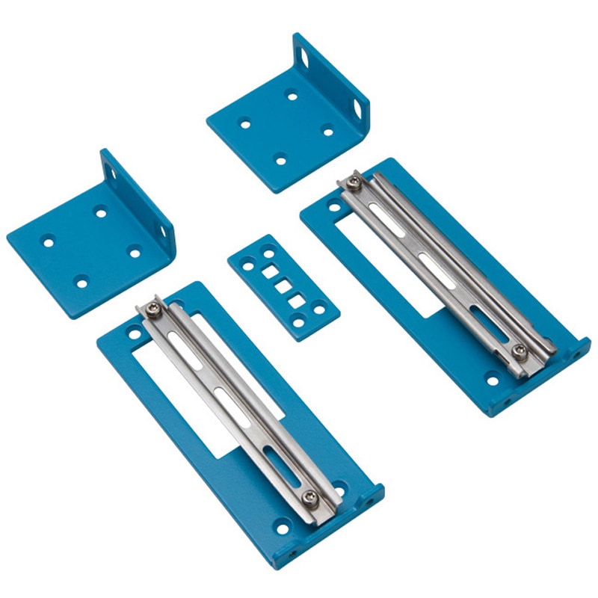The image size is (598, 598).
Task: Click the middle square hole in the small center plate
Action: tap(282, 286)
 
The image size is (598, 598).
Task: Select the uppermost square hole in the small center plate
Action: tap(268, 273)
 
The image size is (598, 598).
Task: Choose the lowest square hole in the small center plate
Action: tap(296, 301)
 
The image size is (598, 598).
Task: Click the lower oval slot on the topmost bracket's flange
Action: tap(357, 109)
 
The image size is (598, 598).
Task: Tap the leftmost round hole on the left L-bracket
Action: tap(48, 242)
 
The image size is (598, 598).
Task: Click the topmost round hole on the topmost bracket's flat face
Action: tap(292, 95)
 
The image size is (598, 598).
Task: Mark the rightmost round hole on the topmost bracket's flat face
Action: tap(327, 132)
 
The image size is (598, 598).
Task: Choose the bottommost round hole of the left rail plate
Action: tap(283, 529)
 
